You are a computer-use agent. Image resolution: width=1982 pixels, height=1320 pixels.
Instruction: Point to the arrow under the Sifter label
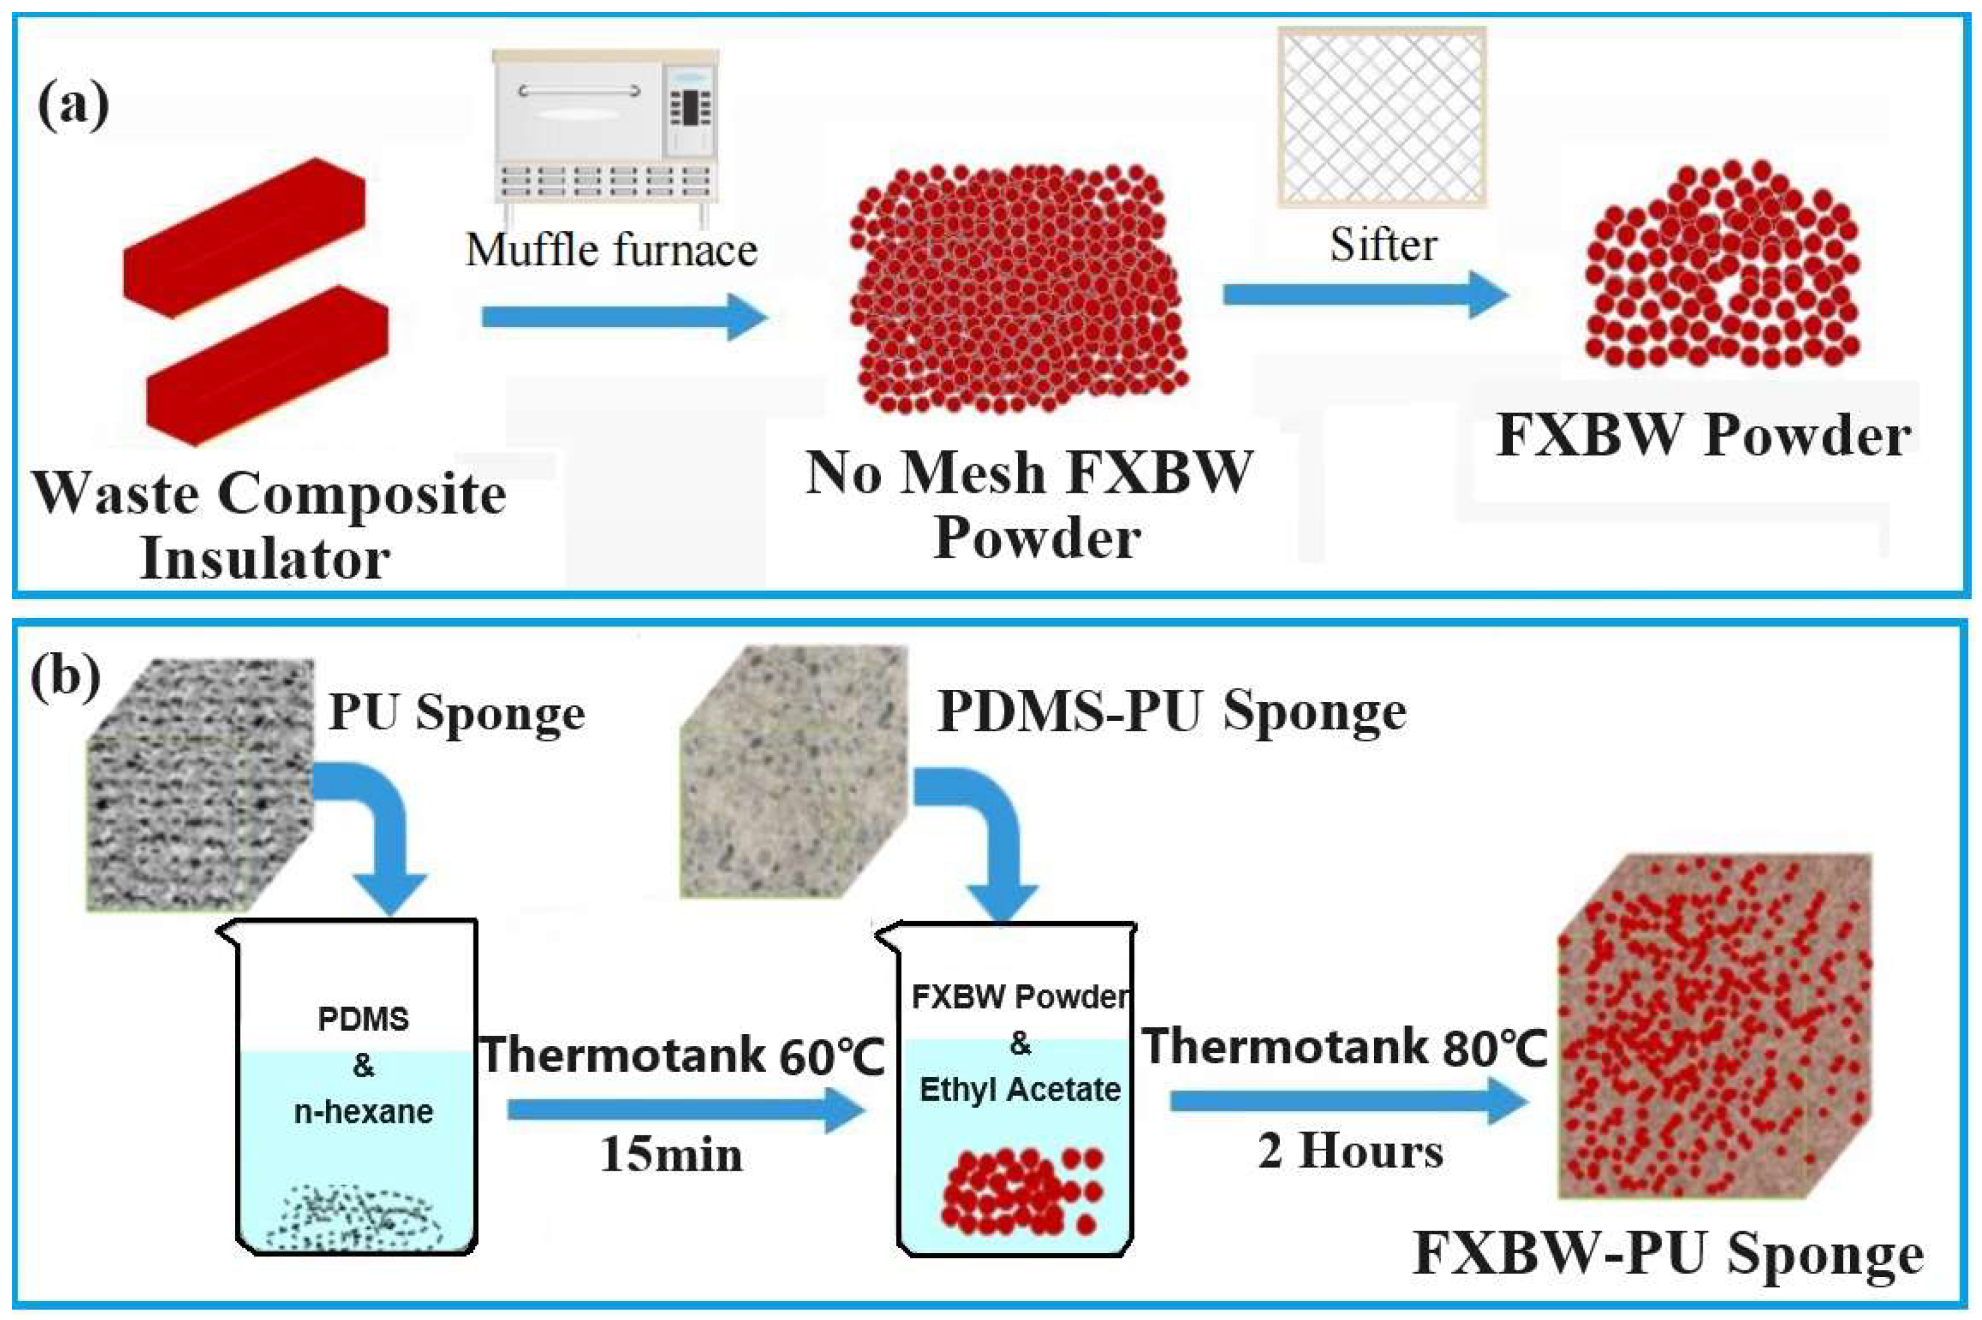tap(1365, 295)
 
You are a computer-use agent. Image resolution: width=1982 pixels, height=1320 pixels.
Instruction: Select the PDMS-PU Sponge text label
tap(1172, 712)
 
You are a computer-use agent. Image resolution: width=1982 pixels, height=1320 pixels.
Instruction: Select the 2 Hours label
tap(1350, 1150)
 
